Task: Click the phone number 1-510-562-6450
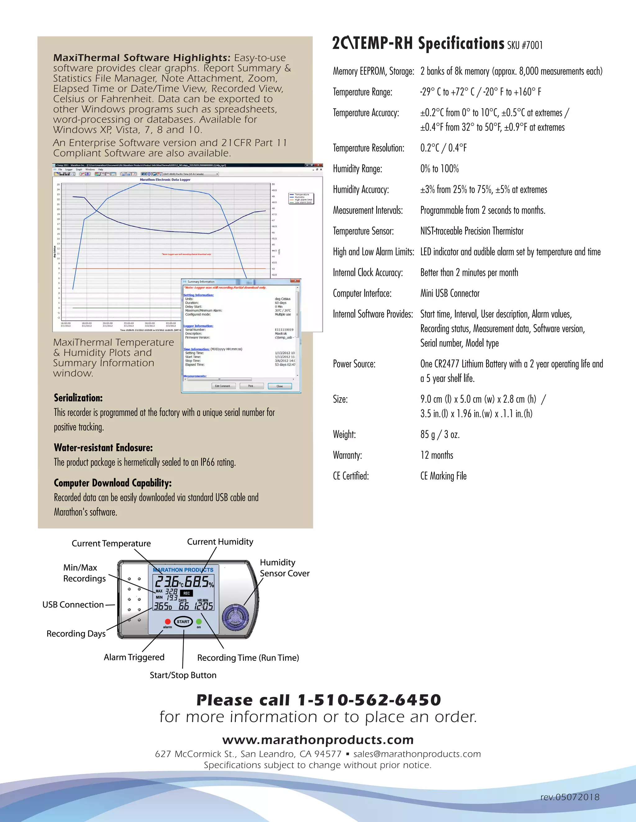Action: tap(369, 700)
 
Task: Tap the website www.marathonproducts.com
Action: tap(318, 739)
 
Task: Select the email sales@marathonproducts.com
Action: tap(417, 754)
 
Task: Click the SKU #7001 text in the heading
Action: tap(525, 46)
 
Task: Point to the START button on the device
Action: tap(183, 622)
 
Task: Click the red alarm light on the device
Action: tap(168, 621)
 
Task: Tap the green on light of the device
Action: tap(198, 621)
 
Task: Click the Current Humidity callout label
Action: tap(220, 542)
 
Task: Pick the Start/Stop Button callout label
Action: tap(183, 675)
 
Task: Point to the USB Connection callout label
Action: tap(73, 605)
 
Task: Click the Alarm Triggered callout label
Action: tap(134, 657)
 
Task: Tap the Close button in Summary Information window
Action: tap(279, 386)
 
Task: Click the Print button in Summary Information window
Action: tap(251, 386)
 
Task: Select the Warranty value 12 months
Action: tap(437, 455)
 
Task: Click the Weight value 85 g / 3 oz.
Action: tap(440, 435)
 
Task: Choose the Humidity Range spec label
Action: tap(357, 169)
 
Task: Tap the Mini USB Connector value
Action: tap(450, 293)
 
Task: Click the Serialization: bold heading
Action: tap(78, 398)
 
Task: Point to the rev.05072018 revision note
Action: tap(570, 797)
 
